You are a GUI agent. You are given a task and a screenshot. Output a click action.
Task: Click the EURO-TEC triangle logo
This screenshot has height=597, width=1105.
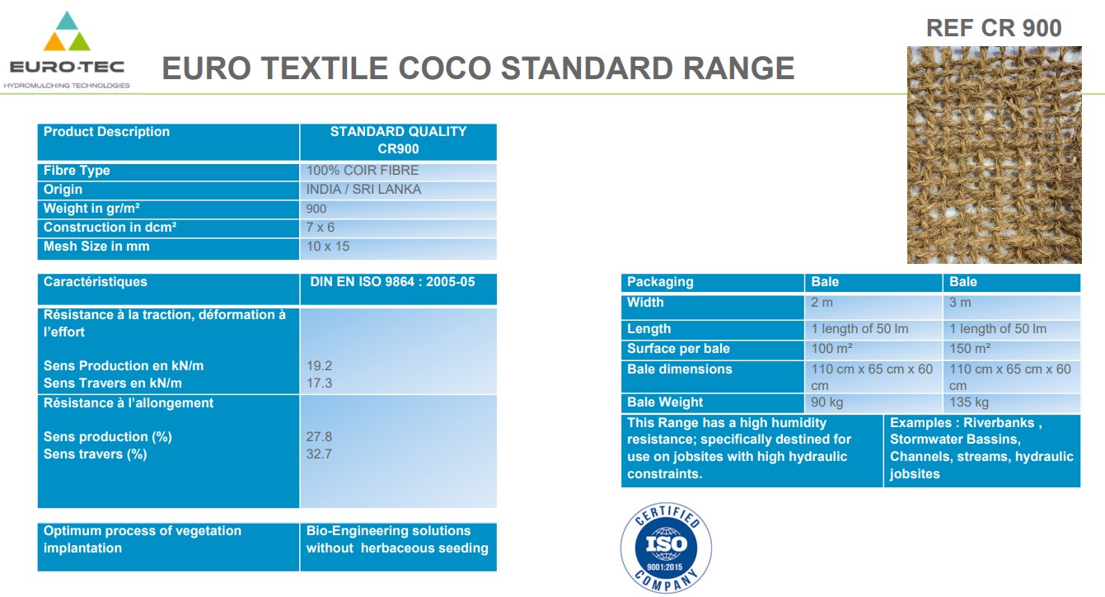click(67, 31)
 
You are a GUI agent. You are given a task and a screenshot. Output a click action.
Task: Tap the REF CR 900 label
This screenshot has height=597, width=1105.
click(994, 28)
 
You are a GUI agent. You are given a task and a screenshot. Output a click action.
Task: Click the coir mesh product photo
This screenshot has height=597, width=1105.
click(994, 154)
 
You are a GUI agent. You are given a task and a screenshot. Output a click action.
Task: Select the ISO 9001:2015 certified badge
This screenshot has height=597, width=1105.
click(666, 548)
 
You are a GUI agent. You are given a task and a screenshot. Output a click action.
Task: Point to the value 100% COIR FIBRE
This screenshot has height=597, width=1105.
click(363, 171)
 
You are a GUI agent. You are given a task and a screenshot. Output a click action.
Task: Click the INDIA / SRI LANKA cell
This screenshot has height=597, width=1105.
click(363, 190)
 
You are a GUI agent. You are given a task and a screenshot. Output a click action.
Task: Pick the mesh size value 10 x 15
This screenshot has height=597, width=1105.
click(328, 247)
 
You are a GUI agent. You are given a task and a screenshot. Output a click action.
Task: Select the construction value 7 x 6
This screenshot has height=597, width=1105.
click(321, 228)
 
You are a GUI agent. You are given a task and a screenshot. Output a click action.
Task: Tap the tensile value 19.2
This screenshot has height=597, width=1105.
click(319, 366)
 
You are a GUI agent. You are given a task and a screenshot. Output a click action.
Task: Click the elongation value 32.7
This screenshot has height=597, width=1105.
click(319, 454)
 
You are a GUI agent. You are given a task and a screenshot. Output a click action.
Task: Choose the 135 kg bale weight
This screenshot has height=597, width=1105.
click(969, 402)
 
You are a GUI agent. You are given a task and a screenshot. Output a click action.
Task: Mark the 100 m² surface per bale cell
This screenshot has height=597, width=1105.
click(831, 349)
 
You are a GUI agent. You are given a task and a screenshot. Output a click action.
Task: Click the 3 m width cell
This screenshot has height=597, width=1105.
click(960, 302)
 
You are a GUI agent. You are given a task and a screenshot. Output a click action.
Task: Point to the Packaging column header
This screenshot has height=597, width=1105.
click(660, 282)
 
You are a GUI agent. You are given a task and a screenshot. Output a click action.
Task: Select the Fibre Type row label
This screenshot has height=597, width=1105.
click(77, 171)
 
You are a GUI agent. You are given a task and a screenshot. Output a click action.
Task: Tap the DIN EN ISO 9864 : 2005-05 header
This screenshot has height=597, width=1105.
click(392, 282)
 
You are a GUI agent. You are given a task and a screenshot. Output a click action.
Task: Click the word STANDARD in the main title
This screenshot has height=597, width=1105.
click(587, 68)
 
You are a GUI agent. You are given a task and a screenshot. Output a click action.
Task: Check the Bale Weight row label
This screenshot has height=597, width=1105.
click(664, 402)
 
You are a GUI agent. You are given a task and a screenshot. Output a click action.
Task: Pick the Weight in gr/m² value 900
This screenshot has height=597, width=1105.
click(316, 209)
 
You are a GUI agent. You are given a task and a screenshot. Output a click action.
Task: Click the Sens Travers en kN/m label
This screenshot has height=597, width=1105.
click(112, 383)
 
